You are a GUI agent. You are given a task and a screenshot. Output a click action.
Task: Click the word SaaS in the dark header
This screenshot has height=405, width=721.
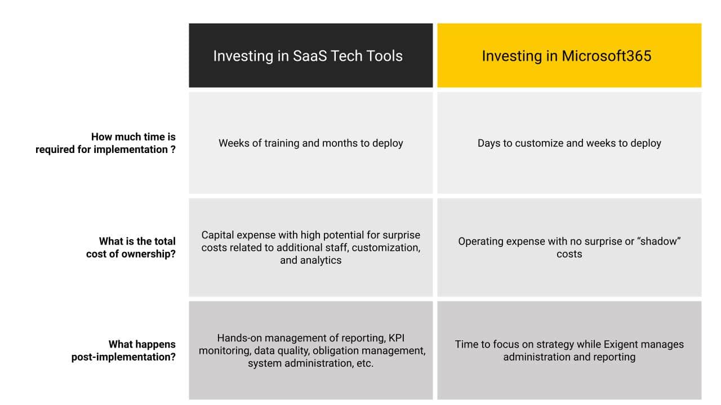pyautogui.click(x=309, y=56)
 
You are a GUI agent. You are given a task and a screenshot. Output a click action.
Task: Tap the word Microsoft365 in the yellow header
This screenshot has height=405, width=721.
pyautogui.click(x=607, y=56)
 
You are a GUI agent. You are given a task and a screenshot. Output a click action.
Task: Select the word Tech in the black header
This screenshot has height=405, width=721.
pyautogui.click(x=346, y=56)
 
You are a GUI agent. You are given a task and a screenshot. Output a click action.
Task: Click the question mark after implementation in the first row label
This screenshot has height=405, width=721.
pyautogui.click(x=173, y=150)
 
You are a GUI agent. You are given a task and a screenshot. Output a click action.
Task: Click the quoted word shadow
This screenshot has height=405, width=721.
pyautogui.click(x=659, y=241)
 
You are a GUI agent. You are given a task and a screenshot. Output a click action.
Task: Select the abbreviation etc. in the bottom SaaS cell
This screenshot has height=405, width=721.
pyautogui.click(x=365, y=363)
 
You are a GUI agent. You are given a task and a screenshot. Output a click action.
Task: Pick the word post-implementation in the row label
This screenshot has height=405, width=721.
pyautogui.click(x=123, y=357)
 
